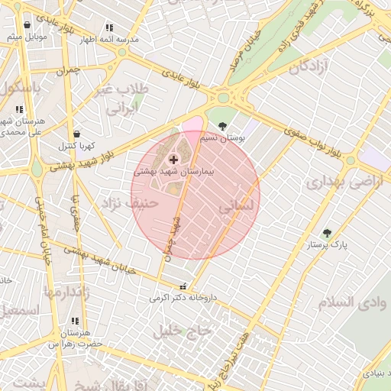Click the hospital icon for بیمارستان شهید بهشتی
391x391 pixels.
tap(173, 159)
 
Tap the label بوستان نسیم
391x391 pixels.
tap(218, 139)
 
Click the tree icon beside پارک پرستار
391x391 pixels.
tap(327, 234)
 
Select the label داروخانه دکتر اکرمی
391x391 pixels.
tap(183, 297)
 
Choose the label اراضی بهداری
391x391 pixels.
tap(337, 183)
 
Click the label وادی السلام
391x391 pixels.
tap(346, 302)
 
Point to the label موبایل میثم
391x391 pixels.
tap(27, 36)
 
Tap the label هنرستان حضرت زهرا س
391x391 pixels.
tap(75, 339)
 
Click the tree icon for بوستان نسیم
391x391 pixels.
tap(222, 126)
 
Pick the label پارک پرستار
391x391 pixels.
tap(328, 246)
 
